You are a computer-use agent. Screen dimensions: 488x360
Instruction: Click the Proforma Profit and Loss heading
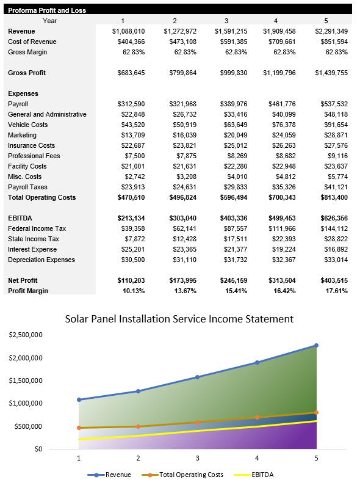pyautogui.click(x=46, y=10)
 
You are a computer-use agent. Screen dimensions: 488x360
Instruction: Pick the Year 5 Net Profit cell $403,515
pyautogui.click(x=331, y=280)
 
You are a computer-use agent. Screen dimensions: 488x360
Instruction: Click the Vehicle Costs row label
pyautogui.click(x=27, y=125)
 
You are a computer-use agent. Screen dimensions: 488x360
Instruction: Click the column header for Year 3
pyautogui.click(x=226, y=20)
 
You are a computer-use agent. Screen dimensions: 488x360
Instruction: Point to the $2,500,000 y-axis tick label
pyautogui.click(x=25, y=335)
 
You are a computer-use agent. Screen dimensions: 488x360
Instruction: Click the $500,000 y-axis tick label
pyautogui.click(x=29, y=426)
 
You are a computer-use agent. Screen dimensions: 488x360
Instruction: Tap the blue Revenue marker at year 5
pyautogui.click(x=316, y=346)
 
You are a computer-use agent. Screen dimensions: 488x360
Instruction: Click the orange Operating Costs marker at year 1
pyautogui.click(x=79, y=428)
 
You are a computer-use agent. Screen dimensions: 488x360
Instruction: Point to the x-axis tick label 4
pyautogui.click(x=256, y=457)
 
